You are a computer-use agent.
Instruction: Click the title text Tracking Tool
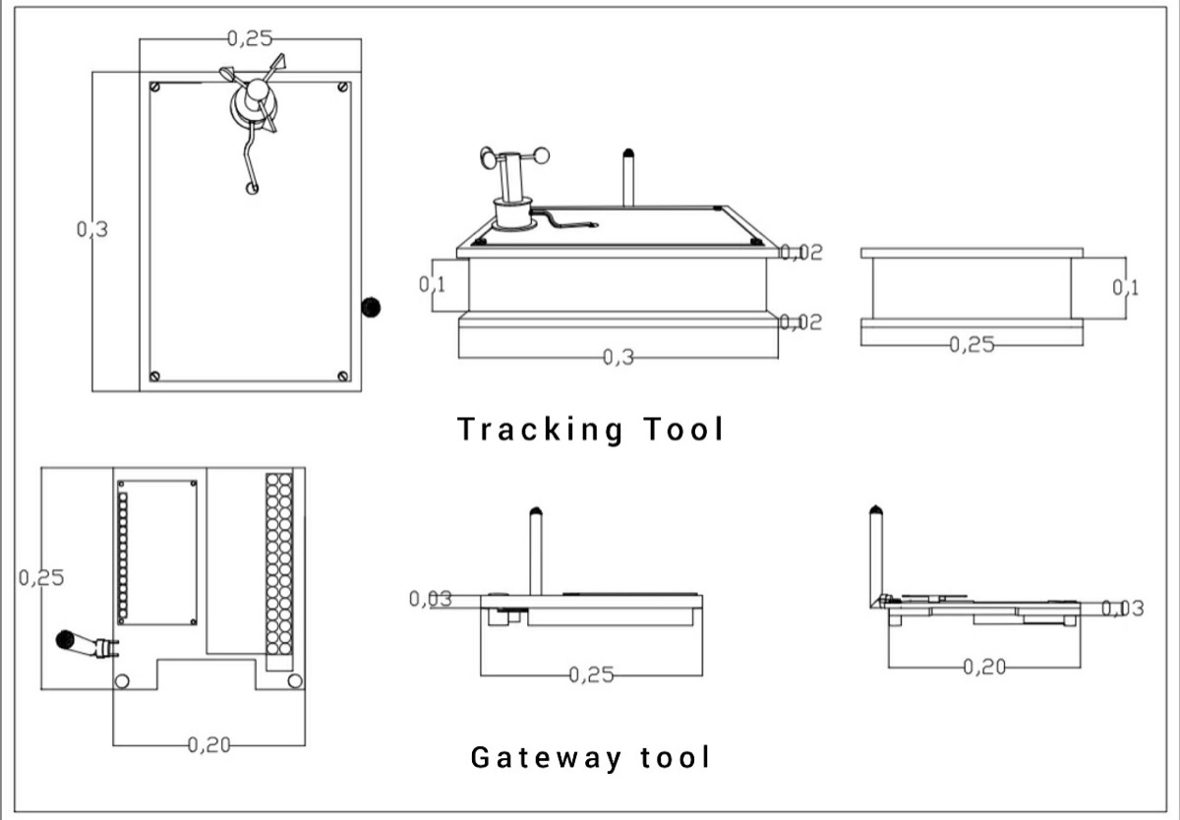590,430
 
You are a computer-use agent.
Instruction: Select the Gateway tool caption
590,757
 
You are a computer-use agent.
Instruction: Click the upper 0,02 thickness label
800,252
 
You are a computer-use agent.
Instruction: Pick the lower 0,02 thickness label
800,322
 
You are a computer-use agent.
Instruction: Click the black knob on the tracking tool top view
371,307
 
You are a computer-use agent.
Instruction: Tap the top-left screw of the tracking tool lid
155,87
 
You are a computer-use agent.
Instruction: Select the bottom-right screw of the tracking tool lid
342,376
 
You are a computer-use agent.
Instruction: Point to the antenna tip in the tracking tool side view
628,154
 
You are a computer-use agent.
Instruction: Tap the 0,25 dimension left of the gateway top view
40,577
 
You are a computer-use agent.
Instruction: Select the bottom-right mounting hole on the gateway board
294,680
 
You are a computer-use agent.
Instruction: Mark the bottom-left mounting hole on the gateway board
123,680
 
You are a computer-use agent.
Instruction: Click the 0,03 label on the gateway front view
430,598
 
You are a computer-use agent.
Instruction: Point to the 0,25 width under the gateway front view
591,675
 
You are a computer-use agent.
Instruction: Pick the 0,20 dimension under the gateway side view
983,668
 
